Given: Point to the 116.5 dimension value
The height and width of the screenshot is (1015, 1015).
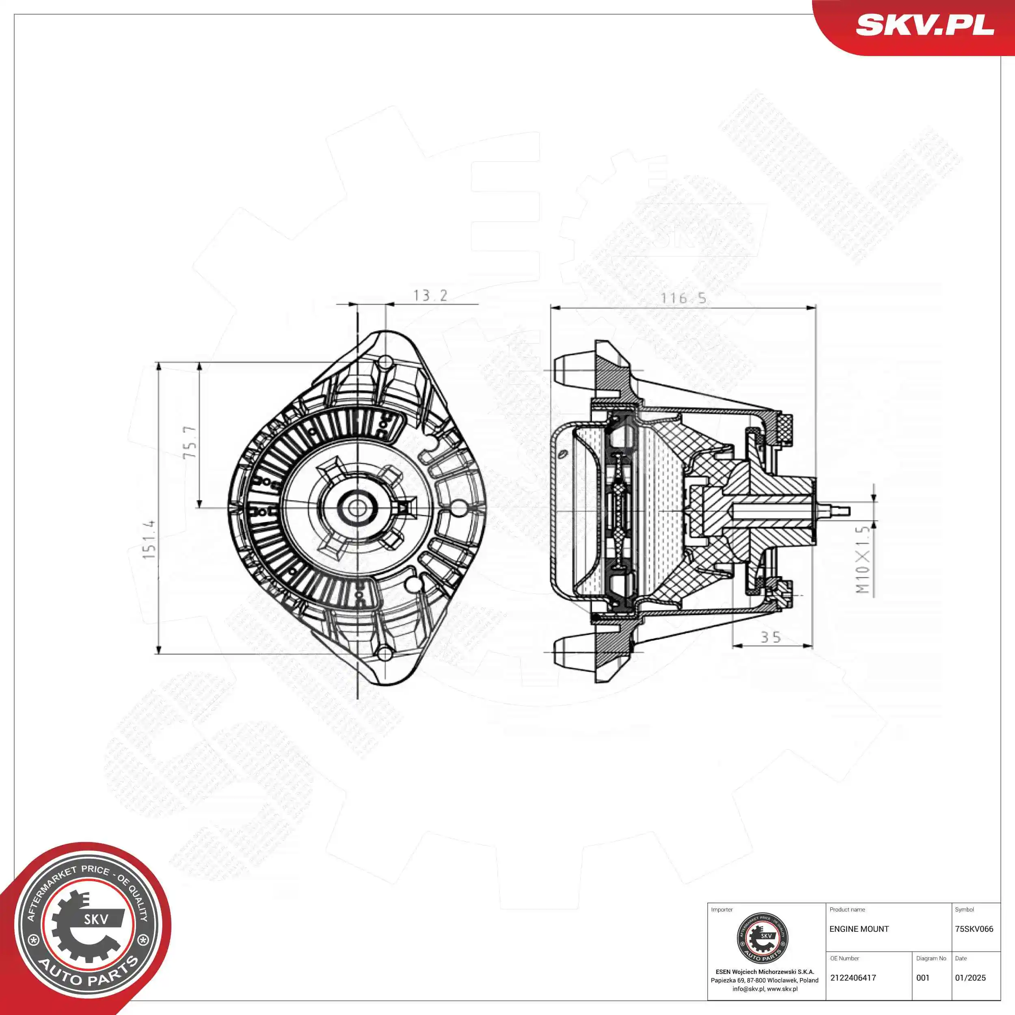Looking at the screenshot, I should (x=683, y=298).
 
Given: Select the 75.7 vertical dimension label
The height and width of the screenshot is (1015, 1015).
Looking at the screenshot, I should (x=190, y=443).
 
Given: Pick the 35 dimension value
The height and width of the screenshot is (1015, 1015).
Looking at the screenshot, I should (x=771, y=638).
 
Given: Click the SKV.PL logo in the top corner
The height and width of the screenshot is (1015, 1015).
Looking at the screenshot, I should (x=924, y=25).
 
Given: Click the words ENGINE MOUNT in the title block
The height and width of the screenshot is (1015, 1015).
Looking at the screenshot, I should (x=859, y=929).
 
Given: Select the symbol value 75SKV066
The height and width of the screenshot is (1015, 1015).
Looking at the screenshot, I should (x=974, y=929).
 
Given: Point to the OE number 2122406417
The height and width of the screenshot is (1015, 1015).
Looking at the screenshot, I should (x=853, y=978).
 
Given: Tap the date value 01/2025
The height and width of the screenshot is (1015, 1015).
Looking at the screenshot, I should (x=970, y=978).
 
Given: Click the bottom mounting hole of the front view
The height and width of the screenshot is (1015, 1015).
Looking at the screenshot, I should (x=385, y=654).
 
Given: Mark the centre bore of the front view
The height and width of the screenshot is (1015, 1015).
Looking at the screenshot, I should (x=357, y=508).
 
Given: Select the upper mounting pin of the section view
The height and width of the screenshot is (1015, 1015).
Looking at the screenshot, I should (x=572, y=370).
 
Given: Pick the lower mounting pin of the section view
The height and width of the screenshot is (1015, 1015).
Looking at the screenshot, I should (x=572, y=652).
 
